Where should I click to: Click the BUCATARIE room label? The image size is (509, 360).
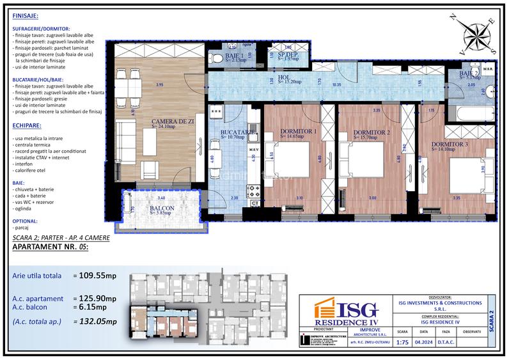(238, 133)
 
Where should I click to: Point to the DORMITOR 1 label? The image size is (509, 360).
(299, 133)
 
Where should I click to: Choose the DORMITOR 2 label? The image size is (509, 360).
(372, 133)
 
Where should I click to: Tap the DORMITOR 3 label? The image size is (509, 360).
(450, 145)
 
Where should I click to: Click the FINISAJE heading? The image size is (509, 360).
(25, 15)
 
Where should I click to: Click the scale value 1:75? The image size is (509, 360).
(402, 341)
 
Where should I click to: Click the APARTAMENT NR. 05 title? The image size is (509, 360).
(51, 246)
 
